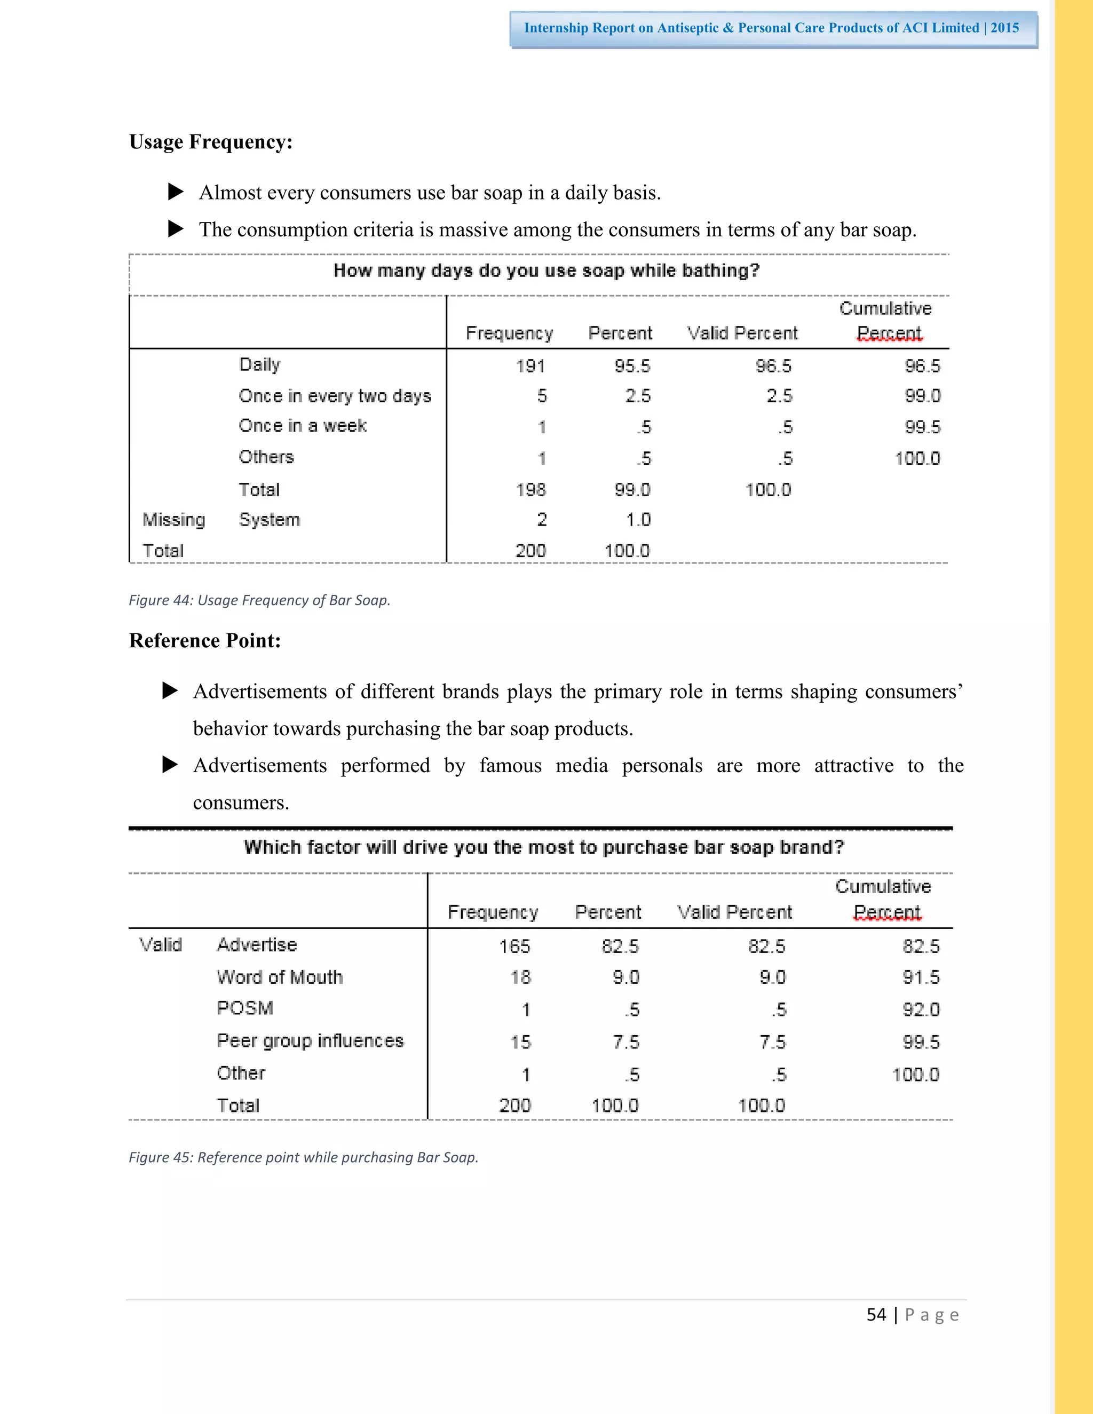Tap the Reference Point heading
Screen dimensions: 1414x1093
click(204, 640)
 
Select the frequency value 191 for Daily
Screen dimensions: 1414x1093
click(530, 366)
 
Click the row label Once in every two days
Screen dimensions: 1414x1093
click(334, 395)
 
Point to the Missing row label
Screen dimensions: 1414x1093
click(173, 520)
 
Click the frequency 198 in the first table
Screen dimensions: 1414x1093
click(530, 489)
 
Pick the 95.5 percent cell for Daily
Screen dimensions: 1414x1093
click(632, 366)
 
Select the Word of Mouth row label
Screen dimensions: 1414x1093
click(280, 977)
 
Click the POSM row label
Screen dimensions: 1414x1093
click(245, 1008)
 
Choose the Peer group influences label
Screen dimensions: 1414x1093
click(310, 1040)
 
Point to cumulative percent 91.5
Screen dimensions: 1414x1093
click(921, 977)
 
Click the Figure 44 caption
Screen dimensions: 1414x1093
click(259, 600)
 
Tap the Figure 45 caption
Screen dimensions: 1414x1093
click(303, 1157)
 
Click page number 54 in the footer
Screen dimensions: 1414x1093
click(876, 1315)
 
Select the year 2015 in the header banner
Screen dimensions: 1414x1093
click(1004, 28)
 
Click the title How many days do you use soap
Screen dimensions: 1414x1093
click(546, 271)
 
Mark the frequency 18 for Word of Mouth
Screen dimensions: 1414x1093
click(520, 977)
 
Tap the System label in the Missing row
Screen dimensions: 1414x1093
click(270, 520)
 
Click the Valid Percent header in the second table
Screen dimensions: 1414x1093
click(734, 912)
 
